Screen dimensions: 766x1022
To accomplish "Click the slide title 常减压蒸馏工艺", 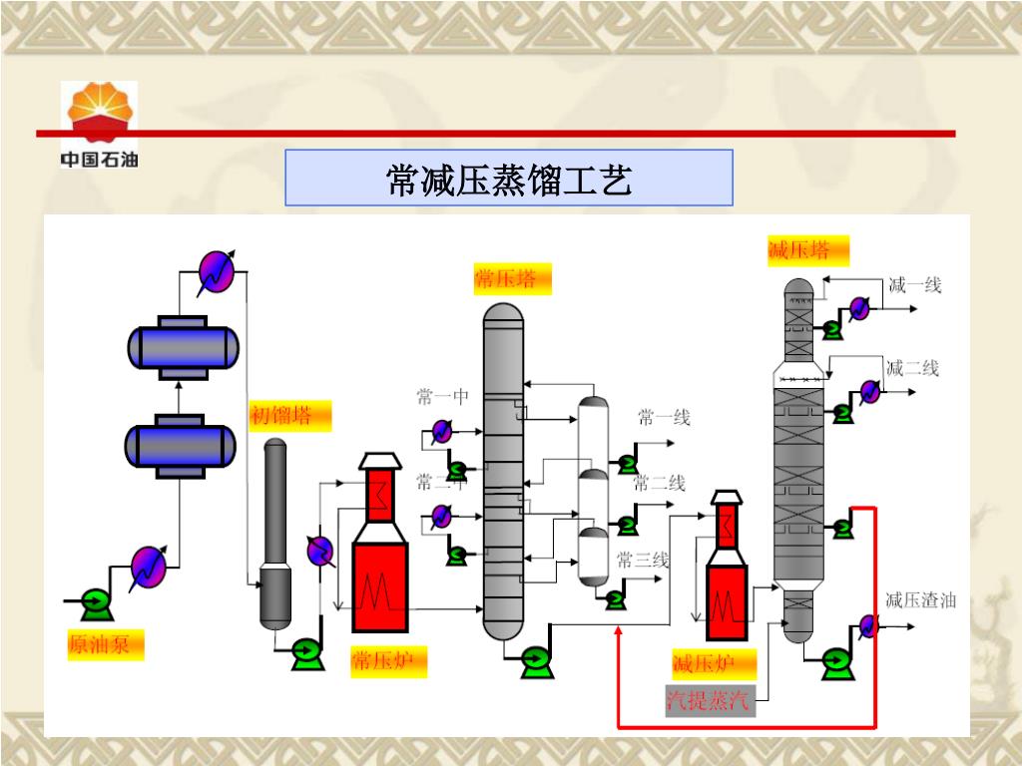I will [509, 180].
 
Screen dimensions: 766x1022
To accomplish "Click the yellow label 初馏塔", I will [290, 416].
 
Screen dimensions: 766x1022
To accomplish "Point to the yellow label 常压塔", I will [512, 279].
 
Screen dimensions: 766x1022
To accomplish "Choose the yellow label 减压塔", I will [807, 250].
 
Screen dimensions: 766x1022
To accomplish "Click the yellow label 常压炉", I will [388, 661].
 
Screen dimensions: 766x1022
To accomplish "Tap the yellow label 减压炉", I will [714, 663].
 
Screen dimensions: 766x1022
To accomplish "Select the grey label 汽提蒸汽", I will [711, 701].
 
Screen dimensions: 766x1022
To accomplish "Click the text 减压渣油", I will [921, 599].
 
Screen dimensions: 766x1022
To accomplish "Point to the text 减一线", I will [915, 285].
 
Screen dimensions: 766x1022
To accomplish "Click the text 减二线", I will [912, 368].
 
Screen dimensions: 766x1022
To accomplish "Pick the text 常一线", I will [664, 418].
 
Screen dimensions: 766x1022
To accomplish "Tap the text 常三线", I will [642, 560].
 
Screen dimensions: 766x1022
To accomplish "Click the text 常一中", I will [442, 398].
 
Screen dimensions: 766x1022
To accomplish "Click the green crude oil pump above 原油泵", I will [96, 600].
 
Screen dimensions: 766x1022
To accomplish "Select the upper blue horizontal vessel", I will [183, 347].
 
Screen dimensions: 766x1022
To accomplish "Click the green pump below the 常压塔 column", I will [534, 658].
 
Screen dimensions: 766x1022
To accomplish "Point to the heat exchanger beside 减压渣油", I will [867, 626].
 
